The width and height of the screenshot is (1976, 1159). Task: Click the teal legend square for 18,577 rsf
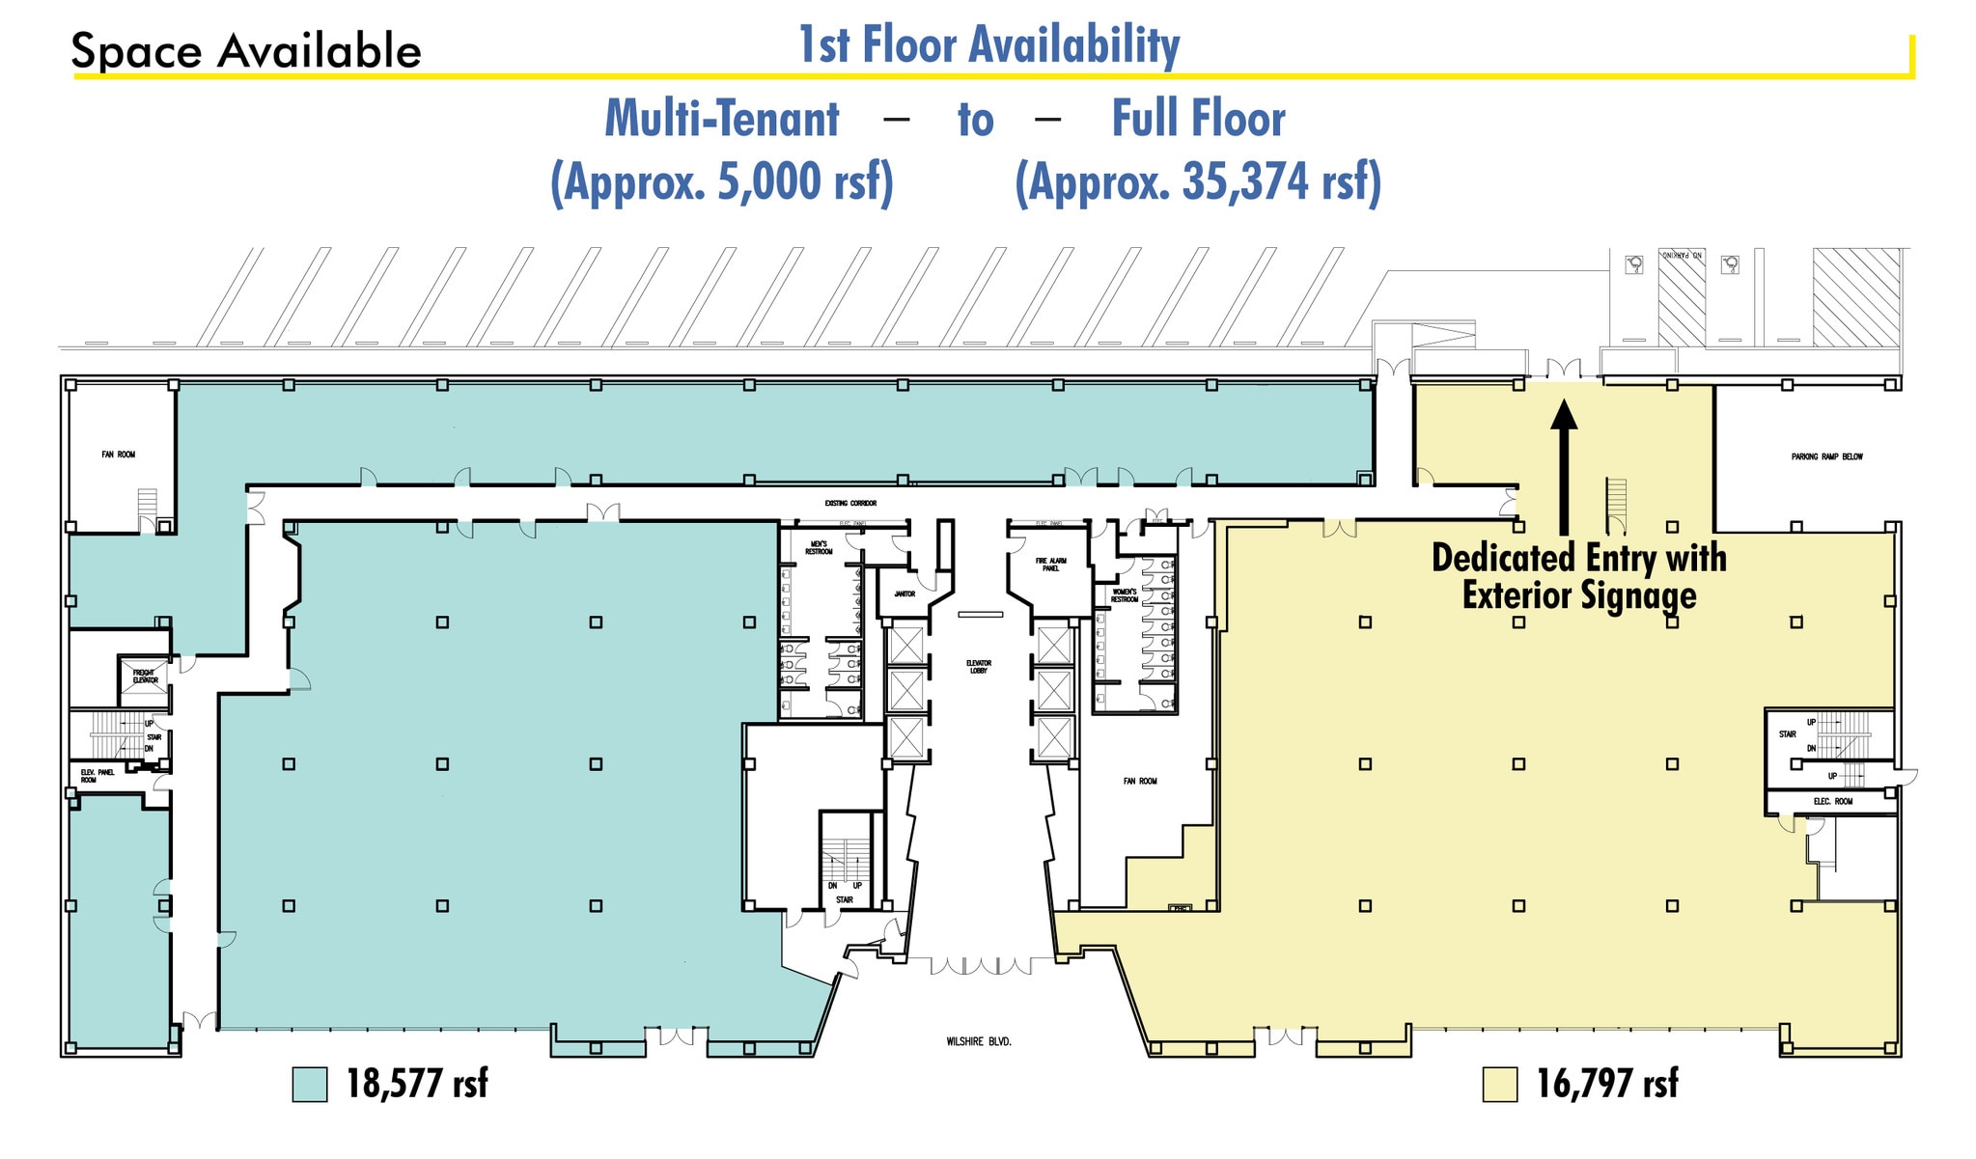tap(310, 1084)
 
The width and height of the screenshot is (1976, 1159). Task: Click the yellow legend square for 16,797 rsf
tap(1500, 1084)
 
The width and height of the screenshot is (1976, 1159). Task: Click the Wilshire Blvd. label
tap(979, 1042)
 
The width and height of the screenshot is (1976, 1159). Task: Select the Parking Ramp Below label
tap(1826, 456)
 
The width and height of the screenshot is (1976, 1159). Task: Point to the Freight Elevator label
tap(145, 676)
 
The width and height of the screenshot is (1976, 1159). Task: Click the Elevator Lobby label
tap(978, 667)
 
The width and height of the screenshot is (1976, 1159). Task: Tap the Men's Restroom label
tap(819, 547)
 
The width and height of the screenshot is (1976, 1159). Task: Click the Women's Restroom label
tap(1124, 595)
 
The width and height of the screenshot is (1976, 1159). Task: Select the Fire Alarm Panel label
tap(1050, 565)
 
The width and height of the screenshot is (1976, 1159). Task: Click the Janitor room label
tap(905, 594)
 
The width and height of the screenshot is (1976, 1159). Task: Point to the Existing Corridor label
tap(850, 504)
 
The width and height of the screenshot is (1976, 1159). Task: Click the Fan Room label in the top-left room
tap(119, 455)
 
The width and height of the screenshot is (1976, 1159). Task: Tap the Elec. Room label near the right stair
tap(1832, 802)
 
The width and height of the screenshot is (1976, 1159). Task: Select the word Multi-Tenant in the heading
tap(721, 120)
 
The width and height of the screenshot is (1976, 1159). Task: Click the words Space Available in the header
tap(246, 51)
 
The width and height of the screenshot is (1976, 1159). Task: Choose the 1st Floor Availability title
tap(988, 45)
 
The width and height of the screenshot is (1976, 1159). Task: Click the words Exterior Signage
tap(1578, 595)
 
